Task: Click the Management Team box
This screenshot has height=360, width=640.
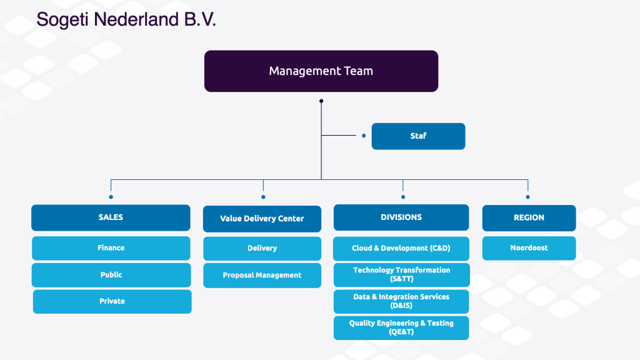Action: (321, 71)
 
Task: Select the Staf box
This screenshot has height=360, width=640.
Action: (418, 136)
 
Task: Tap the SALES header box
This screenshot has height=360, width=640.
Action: (111, 217)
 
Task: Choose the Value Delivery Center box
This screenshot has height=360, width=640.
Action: (262, 219)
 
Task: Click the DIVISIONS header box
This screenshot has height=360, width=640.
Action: (401, 217)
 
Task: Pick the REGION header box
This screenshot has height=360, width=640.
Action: (529, 218)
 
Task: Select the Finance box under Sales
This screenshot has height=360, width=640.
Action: (111, 248)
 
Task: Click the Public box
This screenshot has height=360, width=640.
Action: (111, 275)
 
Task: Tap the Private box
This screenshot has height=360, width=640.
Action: (112, 302)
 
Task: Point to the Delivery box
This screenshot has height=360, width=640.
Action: (262, 249)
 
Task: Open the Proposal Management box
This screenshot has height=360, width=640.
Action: (262, 276)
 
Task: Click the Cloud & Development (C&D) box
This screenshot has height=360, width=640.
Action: (401, 249)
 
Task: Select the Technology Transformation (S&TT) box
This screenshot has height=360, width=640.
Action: (402, 275)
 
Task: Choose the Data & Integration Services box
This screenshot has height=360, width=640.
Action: (401, 302)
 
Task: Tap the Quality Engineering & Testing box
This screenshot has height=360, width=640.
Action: (401, 327)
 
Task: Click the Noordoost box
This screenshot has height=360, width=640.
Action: (529, 248)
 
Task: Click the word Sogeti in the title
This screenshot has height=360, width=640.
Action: (62, 20)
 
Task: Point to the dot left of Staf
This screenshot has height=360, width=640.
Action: (364, 136)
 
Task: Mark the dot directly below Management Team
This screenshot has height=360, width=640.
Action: (321, 101)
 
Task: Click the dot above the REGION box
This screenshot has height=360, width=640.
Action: (527, 197)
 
